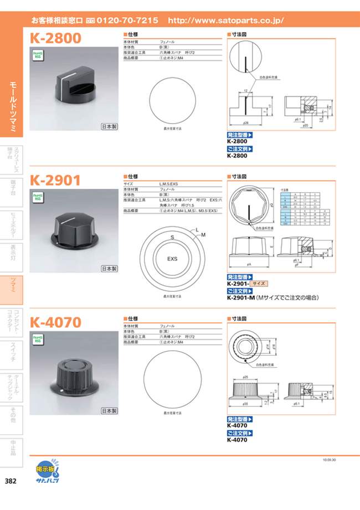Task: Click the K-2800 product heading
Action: click(55, 38)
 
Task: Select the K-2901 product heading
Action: click(55, 180)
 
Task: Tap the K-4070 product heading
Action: click(55, 322)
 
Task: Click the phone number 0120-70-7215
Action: click(127, 20)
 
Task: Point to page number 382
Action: click(10, 481)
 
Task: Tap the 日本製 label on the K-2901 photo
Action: click(109, 269)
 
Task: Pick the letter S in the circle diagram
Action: click(172, 237)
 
